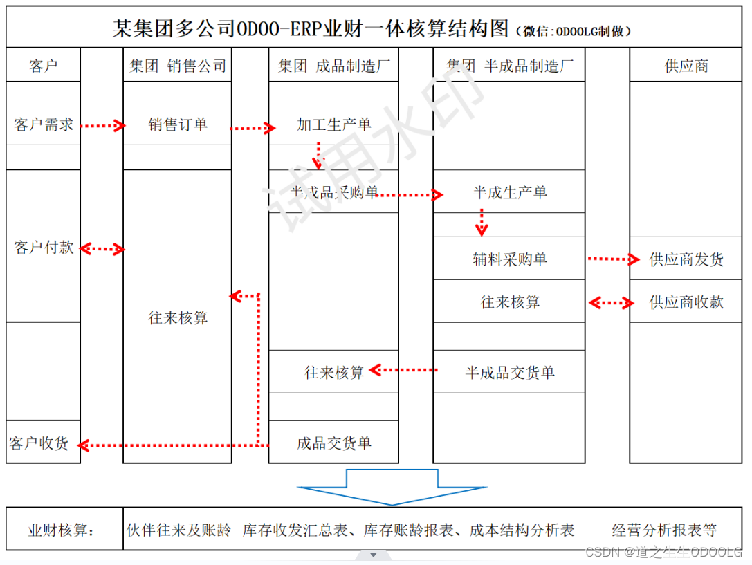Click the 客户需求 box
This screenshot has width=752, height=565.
(44, 124)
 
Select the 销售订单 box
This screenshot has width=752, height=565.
(177, 124)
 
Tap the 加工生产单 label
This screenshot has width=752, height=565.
(333, 124)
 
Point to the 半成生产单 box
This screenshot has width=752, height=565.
(509, 192)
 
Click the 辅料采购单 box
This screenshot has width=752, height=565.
(509, 259)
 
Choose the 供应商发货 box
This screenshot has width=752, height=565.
(686, 259)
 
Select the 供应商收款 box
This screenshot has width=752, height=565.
(686, 302)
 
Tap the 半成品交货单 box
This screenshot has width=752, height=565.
(509, 373)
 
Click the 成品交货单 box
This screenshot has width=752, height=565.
(333, 443)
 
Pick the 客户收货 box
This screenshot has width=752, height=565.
(40, 443)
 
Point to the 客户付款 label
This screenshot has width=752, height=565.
(44, 248)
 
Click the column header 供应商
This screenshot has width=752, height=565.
(686, 66)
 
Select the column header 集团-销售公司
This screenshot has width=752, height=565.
(177, 66)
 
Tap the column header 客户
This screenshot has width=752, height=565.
(44, 66)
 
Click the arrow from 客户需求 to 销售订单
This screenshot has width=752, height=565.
(102, 126)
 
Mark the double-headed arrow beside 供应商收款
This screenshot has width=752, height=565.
(611, 302)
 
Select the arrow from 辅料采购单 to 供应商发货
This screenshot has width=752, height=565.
(613, 259)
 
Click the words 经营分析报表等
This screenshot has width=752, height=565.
(664, 530)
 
